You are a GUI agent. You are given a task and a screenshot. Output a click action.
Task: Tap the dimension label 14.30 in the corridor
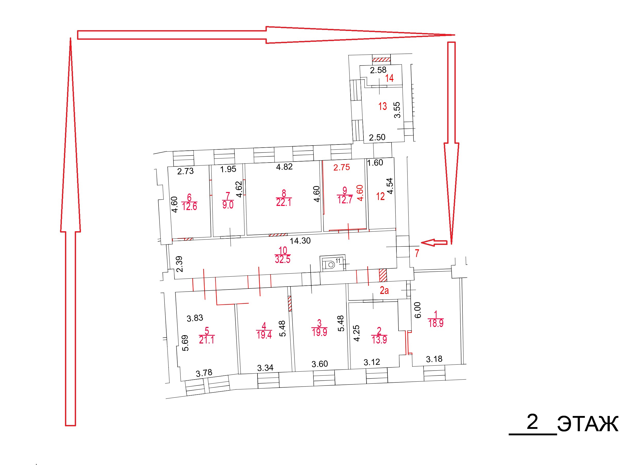tap(300, 241)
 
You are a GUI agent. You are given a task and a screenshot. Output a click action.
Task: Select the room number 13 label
tap(382, 106)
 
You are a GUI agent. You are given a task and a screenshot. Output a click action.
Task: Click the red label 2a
tap(384, 291)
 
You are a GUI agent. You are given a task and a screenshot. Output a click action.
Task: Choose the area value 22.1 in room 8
tap(284, 203)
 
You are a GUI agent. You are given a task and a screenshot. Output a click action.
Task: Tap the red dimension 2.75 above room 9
tap(342, 167)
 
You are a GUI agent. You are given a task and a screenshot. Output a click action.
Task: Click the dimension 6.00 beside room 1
tap(418, 310)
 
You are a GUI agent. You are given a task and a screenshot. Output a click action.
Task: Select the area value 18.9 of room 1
tap(436, 323)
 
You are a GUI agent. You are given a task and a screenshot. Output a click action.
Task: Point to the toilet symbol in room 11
tap(330, 265)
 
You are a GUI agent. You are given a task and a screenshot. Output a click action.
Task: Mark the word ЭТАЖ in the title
tap(588, 424)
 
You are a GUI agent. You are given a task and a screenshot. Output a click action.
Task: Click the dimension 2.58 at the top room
tap(378, 70)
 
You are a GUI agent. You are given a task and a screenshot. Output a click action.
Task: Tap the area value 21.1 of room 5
tap(206, 340)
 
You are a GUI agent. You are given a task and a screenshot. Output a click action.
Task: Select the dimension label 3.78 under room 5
tap(204, 373)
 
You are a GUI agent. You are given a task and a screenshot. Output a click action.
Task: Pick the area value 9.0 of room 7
tap(228, 205)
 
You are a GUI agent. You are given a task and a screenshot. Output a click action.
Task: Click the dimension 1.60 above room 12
tap(375, 163)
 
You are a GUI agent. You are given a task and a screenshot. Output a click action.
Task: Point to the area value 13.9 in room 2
tap(379, 340)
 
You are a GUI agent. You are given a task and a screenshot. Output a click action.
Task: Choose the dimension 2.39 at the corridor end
tap(179, 264)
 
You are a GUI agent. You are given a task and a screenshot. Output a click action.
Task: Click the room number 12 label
tap(380, 196)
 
